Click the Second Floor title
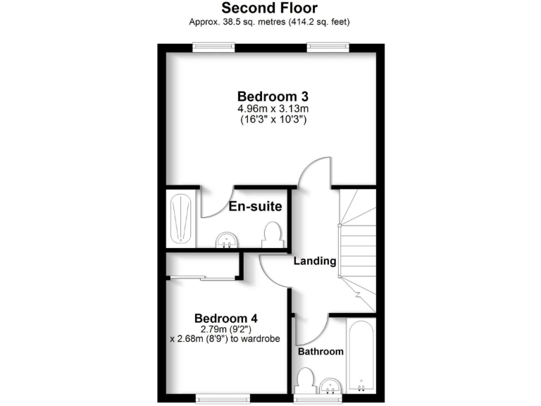(x=270, y=8)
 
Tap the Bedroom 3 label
(x=273, y=97)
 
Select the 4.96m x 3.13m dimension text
(x=273, y=109)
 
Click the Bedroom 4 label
(x=220, y=317)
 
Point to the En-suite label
(x=255, y=207)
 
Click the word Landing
(x=315, y=261)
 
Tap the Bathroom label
(x=321, y=351)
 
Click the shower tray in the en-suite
(x=182, y=218)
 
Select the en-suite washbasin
(x=227, y=241)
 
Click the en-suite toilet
(x=272, y=235)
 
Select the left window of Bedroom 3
(x=214, y=47)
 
